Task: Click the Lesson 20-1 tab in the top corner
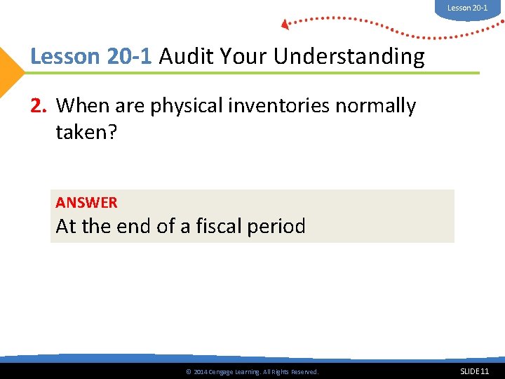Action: [x=468, y=8]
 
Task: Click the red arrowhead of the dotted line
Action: [x=285, y=25]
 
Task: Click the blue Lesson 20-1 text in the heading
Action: [x=90, y=56]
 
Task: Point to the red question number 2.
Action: [x=39, y=106]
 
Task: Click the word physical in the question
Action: [x=184, y=106]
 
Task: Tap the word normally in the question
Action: [x=375, y=106]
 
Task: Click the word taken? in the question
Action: [x=86, y=131]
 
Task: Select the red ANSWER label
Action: [x=86, y=203]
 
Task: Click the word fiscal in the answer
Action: [x=233, y=226]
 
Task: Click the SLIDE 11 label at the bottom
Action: [x=474, y=371]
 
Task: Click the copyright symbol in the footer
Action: [x=187, y=372]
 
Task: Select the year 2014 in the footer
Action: [x=200, y=372]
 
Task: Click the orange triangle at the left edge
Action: [x=10, y=72]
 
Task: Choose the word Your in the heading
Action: [x=243, y=56]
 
